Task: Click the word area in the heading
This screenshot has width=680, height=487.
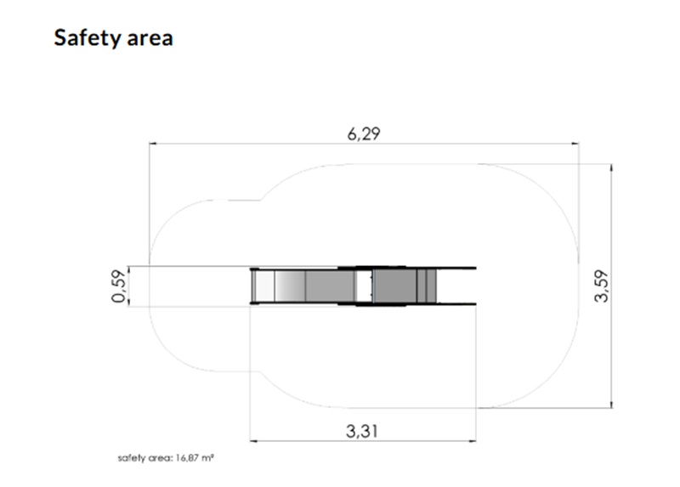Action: click(x=150, y=38)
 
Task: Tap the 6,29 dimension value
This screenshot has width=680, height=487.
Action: click(x=364, y=134)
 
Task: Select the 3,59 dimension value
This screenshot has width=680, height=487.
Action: click(x=602, y=286)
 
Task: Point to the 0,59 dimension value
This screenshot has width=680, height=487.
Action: click(x=119, y=286)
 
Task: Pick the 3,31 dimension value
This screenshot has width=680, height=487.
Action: click(x=362, y=432)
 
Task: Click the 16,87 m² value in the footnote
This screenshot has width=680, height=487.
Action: click(x=195, y=458)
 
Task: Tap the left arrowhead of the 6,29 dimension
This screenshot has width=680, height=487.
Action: click(x=153, y=143)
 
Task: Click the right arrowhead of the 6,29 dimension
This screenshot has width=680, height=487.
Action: click(x=575, y=143)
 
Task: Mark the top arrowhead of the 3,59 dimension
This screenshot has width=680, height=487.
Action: click(x=611, y=167)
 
